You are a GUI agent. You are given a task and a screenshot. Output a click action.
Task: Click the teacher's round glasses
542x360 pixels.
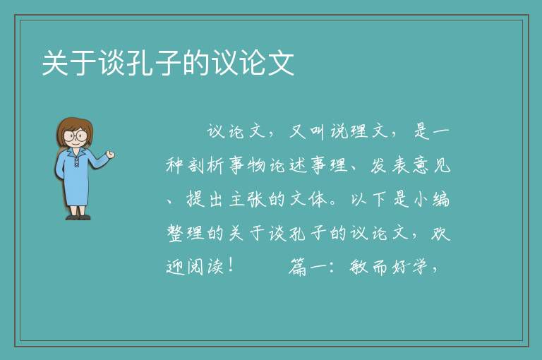(x=76, y=136)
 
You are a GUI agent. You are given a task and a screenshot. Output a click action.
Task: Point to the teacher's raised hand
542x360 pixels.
(x=110, y=155)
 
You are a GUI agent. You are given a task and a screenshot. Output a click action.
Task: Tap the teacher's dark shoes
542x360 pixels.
(x=78, y=217)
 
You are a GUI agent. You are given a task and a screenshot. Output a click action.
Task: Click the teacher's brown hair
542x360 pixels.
(x=74, y=130)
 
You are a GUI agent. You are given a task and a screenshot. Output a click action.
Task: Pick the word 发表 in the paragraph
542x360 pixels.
(x=391, y=165)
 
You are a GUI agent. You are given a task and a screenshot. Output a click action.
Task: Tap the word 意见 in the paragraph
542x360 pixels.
(x=431, y=165)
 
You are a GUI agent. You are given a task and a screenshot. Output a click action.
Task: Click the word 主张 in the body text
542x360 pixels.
(x=247, y=199)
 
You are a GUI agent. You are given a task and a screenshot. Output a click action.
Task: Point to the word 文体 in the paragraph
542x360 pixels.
(x=308, y=199)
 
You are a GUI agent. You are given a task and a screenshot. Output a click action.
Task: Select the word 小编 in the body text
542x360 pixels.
(x=431, y=199)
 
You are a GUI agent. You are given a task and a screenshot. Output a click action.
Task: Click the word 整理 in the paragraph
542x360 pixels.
(x=186, y=233)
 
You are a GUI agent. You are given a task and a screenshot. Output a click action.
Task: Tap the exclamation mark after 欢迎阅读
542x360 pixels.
(x=231, y=265)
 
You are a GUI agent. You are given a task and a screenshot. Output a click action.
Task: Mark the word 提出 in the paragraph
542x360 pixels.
(x=206, y=199)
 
